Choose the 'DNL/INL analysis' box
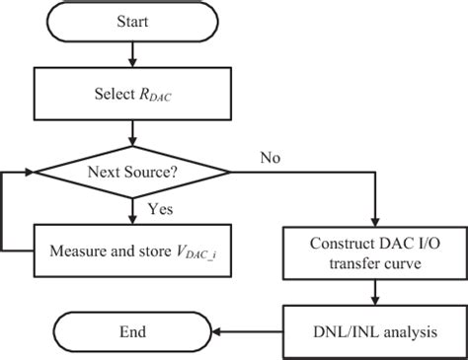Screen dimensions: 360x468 pyautogui.click(x=376, y=332)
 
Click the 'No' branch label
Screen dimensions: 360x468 pyautogui.click(x=270, y=158)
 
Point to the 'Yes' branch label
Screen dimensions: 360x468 pyautogui.click(x=160, y=209)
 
